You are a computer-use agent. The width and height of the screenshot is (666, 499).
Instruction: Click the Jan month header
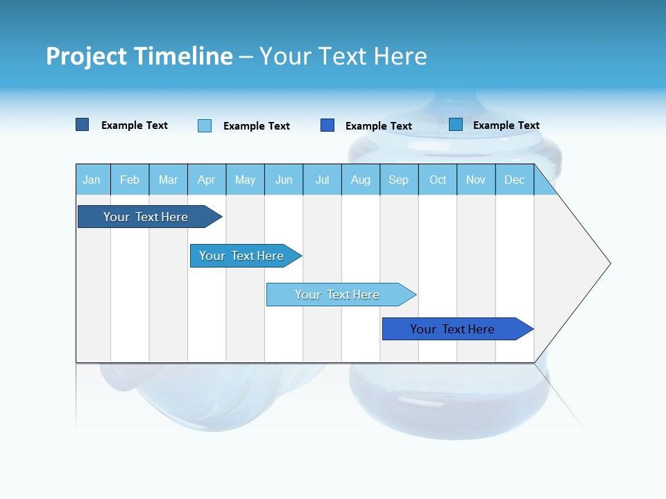coord(92,180)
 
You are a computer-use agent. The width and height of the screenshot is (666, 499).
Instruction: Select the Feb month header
coord(130,180)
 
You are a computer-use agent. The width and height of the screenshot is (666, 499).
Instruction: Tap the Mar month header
coord(168,180)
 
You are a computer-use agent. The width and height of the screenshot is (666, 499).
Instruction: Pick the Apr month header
coord(207,180)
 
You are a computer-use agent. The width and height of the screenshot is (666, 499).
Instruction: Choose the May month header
coord(245,180)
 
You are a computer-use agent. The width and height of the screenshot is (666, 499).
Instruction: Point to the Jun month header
coord(284,180)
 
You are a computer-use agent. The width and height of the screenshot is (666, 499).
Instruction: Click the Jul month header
coord(322,180)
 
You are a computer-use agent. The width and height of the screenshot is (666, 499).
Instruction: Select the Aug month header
coord(361,180)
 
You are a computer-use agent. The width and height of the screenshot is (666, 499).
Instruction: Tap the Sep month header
coord(399,180)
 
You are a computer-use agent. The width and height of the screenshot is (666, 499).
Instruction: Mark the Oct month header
coord(438,180)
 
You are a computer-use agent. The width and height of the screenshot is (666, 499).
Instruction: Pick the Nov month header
coord(476,180)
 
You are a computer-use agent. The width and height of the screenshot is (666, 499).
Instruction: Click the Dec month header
coord(515,180)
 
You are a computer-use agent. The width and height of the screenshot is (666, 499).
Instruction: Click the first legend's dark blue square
coord(83,125)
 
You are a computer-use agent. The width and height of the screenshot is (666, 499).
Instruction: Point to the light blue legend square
coord(205,125)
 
